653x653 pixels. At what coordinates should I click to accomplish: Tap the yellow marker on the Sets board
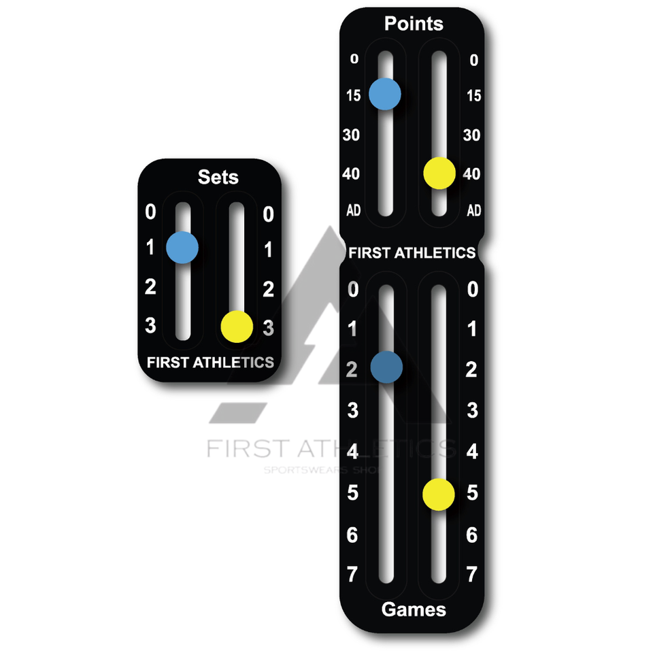(237, 326)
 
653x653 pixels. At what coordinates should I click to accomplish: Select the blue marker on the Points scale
(385, 94)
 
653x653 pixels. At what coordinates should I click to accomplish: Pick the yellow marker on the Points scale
(439, 173)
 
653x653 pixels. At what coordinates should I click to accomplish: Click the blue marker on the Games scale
(386, 367)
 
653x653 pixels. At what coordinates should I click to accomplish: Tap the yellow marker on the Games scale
(439, 494)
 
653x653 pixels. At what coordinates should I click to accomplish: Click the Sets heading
(218, 178)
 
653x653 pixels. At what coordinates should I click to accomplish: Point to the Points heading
(414, 24)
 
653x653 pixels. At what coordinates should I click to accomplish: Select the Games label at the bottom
(414, 609)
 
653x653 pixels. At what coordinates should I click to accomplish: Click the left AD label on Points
(354, 211)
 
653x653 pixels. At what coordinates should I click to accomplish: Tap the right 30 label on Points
(472, 135)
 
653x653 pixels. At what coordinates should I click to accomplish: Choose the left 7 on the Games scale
(352, 575)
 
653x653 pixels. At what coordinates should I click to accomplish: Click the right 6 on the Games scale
(471, 535)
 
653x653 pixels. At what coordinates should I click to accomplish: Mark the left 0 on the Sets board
(151, 213)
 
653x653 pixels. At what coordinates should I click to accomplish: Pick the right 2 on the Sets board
(268, 289)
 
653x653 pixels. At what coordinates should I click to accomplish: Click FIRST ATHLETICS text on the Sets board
(210, 363)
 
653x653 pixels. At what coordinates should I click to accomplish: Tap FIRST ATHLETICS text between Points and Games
(412, 253)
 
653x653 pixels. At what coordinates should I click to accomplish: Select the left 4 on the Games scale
(353, 452)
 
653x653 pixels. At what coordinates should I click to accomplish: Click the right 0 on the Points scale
(473, 60)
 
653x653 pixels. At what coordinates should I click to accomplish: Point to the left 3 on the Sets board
(151, 326)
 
